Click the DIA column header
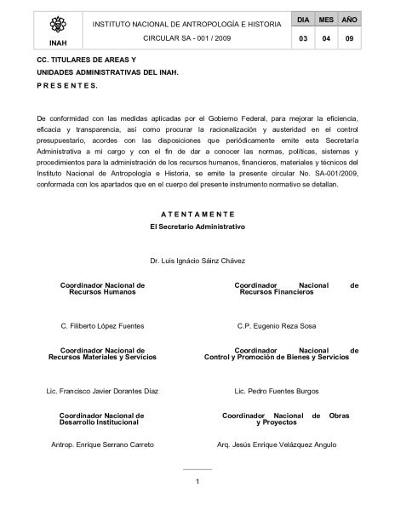pyautogui.click(x=303, y=18)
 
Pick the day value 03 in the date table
pyautogui.click(x=303, y=39)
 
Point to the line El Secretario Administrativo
pyautogui.click(x=197, y=227)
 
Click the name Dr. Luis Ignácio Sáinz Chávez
pyautogui.click(x=197, y=260)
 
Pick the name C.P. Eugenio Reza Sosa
pyautogui.click(x=277, y=325)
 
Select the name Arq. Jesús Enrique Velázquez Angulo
pyautogui.click(x=277, y=445)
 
